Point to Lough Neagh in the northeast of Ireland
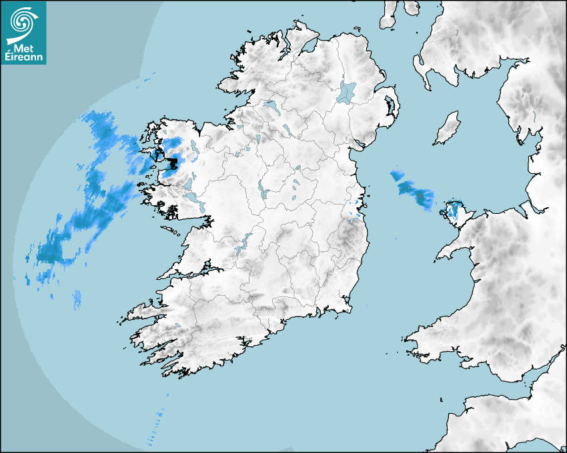pos(347,91)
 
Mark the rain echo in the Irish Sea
pos(412,191)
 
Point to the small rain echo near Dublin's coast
pos(356,211)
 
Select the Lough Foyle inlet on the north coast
pos(308,47)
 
